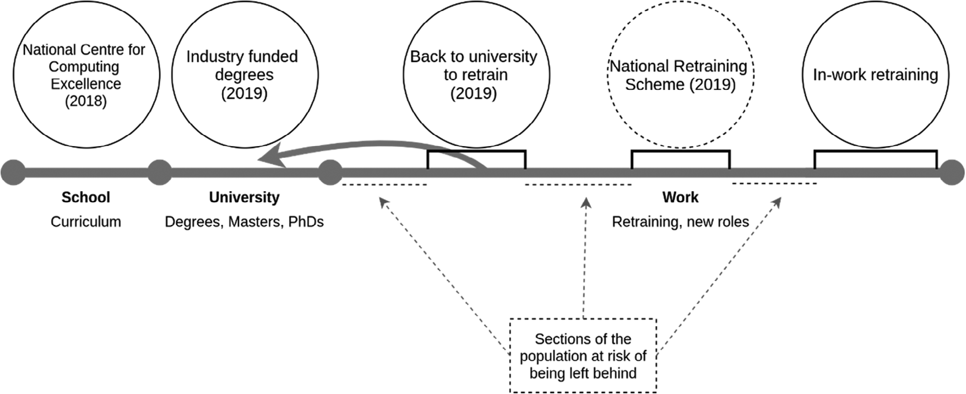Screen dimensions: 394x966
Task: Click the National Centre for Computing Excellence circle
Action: click(x=86, y=74)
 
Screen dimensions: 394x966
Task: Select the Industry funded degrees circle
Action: click(x=245, y=74)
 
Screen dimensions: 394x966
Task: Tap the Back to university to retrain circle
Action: click(x=476, y=74)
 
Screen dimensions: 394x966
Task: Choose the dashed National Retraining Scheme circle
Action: click(x=680, y=74)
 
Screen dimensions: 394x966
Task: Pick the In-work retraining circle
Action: click(x=875, y=74)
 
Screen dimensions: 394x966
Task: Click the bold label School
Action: click(x=85, y=197)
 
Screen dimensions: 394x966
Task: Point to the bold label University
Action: click(x=244, y=197)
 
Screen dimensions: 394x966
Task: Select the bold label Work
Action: click(x=680, y=197)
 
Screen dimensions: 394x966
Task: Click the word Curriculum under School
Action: click(x=85, y=222)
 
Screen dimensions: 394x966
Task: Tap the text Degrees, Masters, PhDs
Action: click(x=244, y=222)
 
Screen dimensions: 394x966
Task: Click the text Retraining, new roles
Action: click(x=680, y=222)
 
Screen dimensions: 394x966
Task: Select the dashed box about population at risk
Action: click(x=583, y=356)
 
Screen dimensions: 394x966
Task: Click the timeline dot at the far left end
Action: click(x=13, y=172)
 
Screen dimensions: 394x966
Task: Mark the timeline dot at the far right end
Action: click(x=952, y=172)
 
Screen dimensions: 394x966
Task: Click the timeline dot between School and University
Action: click(x=160, y=172)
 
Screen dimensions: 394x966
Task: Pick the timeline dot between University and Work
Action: click(x=330, y=172)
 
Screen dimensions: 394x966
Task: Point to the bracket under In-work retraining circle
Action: click(x=875, y=152)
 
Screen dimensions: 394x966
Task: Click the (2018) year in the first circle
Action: click(x=86, y=101)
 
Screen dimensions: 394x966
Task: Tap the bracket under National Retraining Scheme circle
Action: click(x=680, y=152)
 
